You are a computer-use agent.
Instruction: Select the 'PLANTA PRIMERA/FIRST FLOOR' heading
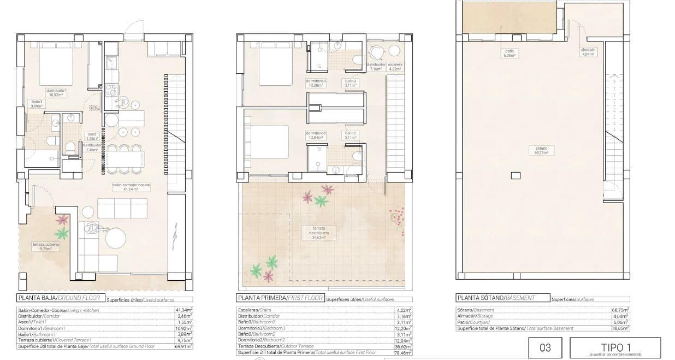point(280,298)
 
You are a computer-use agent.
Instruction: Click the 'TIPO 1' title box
point(615,347)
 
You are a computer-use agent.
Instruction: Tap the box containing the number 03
point(544,347)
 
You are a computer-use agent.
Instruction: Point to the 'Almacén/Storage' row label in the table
point(476,316)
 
